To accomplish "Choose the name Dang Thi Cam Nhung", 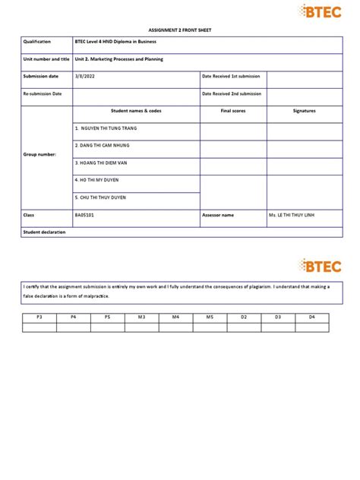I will tap(107, 145).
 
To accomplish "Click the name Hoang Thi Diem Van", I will tap(106, 163).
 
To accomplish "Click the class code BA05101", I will tap(84, 215).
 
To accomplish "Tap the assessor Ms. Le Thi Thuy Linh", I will tap(295, 215).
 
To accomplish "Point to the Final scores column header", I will tap(232, 111).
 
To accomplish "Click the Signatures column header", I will tap(304, 111).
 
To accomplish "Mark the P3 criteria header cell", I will tap(39, 316).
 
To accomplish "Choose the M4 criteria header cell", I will tap(175, 316).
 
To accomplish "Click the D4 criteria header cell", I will tap(311, 316).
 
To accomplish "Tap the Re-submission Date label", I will tap(43, 93).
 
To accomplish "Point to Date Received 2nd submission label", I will tap(232, 93).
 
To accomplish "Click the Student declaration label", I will tap(44, 232).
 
